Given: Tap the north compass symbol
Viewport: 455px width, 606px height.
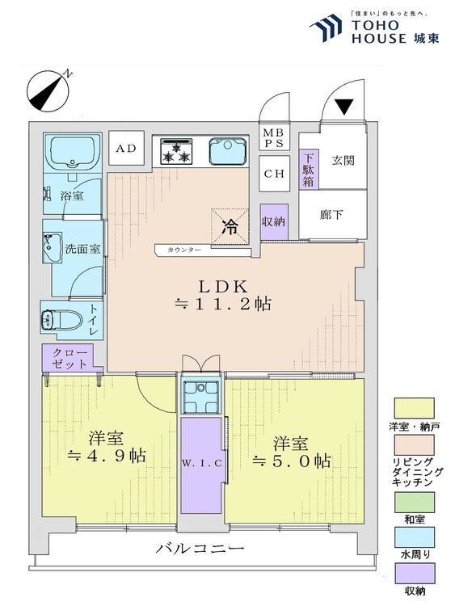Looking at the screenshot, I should pos(48,90).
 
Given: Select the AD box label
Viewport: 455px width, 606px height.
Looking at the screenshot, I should pos(125,149).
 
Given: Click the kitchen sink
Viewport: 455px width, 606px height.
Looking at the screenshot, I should pos(227,150).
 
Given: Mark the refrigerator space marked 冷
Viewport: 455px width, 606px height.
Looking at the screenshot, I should pos(230,226).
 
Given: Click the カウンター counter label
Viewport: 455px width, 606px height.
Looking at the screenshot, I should pos(185,250).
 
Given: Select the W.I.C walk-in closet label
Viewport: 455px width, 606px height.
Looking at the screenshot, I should pos(201,462).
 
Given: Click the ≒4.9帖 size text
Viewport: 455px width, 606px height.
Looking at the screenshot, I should pos(106,457).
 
